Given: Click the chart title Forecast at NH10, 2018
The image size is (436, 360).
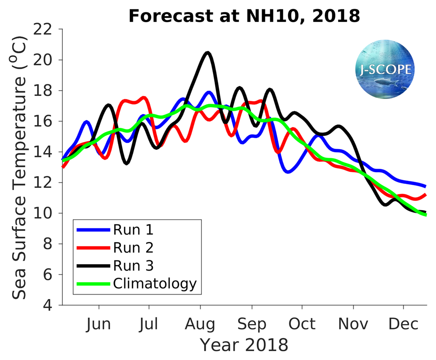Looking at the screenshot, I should (244, 16).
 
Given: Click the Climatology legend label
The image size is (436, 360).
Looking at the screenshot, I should (155, 284).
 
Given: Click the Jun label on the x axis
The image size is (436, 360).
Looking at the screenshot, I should (99, 324).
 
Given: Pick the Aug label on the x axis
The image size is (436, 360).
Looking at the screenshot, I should (200, 324).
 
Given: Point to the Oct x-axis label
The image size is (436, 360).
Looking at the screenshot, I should (302, 324).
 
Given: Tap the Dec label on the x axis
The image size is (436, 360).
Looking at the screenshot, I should (403, 324).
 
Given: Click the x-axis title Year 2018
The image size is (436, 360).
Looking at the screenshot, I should (244, 345).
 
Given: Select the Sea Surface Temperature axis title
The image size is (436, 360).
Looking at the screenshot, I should (20, 167).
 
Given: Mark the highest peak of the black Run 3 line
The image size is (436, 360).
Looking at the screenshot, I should (208, 53).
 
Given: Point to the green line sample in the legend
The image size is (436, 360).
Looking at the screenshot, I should (93, 284).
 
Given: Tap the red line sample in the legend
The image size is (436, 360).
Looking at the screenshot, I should (93, 248).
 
